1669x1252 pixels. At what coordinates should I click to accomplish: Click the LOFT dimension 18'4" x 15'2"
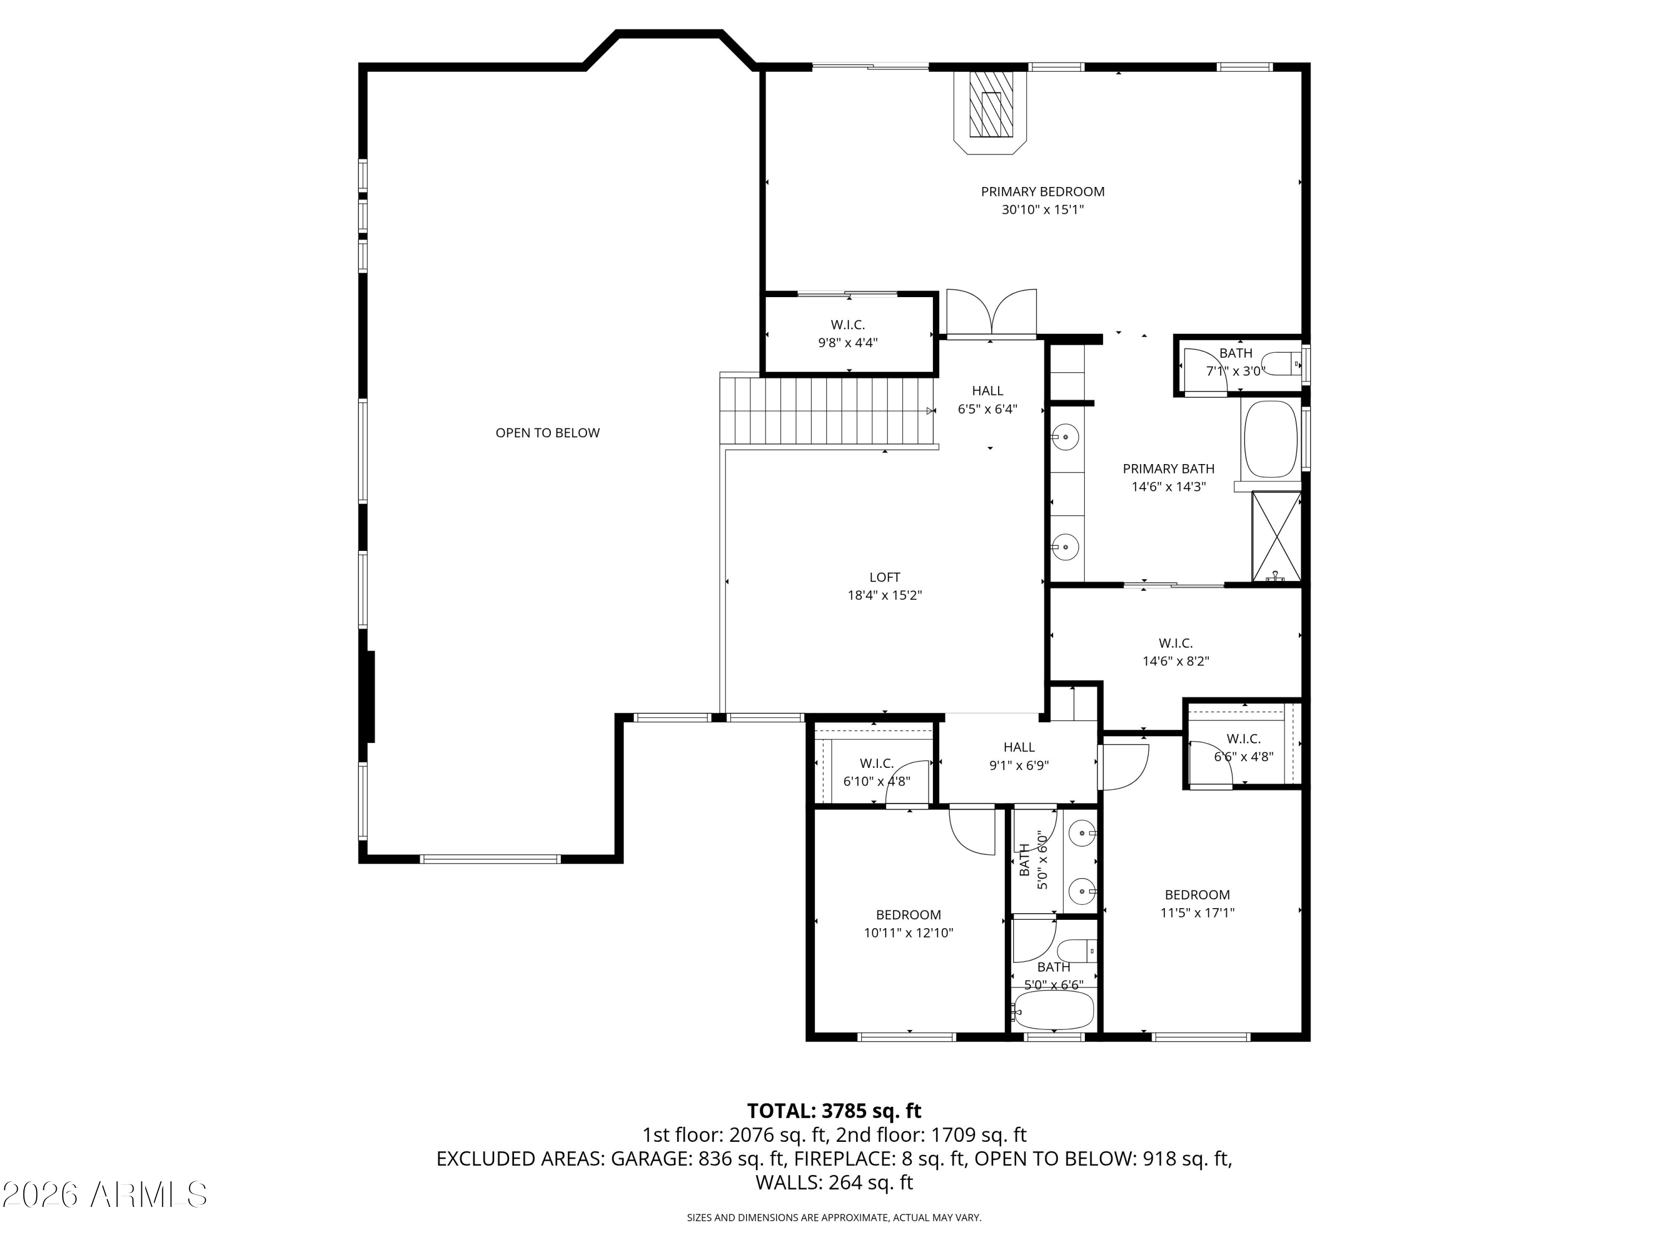click(x=885, y=595)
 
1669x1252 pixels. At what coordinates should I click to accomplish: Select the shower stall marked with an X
click(x=1276, y=536)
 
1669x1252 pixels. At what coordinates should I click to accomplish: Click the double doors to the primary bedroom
click(x=991, y=312)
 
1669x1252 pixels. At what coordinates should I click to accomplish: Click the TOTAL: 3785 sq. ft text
click(x=834, y=1111)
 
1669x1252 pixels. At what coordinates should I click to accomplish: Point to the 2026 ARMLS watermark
click(x=104, y=1194)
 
